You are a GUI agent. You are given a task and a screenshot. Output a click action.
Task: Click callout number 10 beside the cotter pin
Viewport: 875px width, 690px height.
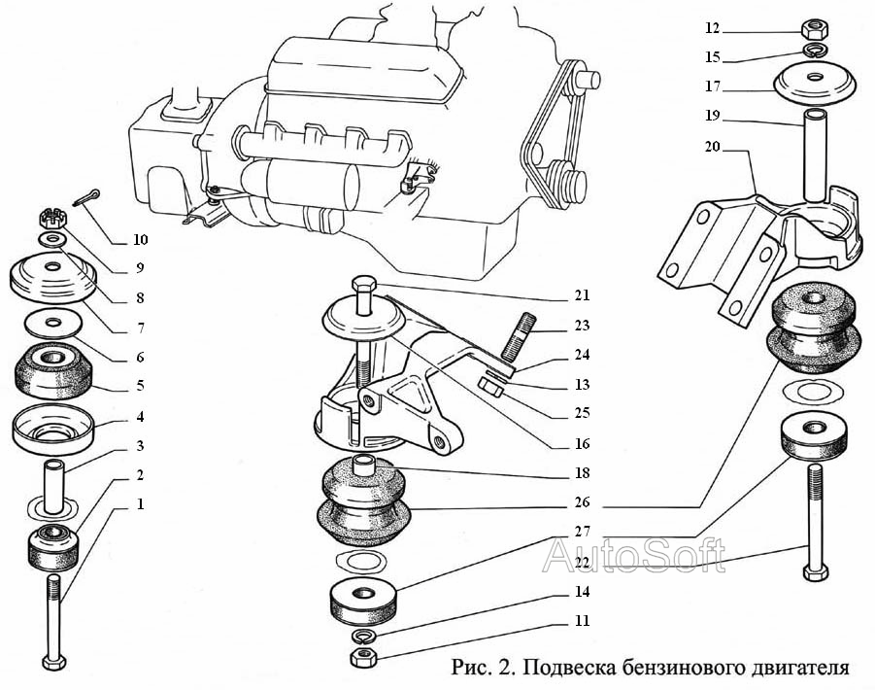point(141,240)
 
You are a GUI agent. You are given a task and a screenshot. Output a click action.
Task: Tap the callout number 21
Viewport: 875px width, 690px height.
point(582,295)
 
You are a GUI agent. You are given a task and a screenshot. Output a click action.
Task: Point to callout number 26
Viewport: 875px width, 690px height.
point(582,503)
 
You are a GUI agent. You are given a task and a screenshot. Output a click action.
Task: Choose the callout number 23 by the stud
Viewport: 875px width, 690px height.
point(582,327)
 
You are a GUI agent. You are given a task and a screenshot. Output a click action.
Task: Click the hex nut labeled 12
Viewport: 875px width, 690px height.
point(813,27)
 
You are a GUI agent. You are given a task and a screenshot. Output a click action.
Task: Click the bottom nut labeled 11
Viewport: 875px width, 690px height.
point(363,658)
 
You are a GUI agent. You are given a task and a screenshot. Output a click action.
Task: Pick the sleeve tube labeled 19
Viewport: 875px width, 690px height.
point(813,151)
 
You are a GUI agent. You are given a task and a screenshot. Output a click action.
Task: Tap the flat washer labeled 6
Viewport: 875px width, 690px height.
point(50,322)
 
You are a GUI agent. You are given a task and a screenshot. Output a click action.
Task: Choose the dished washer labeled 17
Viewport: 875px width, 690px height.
point(814,85)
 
